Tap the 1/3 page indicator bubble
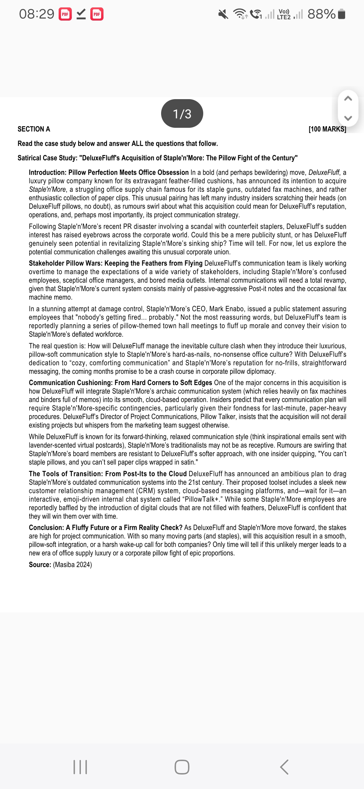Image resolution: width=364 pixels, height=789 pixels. coord(182,114)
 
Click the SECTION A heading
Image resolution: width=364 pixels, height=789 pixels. coord(34,129)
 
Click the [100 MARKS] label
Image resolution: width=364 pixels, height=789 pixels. coord(327,129)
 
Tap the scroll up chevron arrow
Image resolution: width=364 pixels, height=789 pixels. coord(348,99)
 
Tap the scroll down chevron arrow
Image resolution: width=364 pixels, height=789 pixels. coord(348,118)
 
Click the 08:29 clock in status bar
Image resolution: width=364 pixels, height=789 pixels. coord(36,14)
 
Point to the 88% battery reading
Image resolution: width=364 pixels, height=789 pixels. coord(321,14)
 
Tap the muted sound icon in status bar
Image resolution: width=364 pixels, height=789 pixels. coord(223,14)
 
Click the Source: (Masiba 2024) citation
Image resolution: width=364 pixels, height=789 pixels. coord(60,565)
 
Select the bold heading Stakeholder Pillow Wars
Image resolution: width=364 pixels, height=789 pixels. coord(64,263)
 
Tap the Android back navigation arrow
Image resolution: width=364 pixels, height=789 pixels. coord(284,767)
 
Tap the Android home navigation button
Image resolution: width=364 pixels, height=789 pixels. coord(182,767)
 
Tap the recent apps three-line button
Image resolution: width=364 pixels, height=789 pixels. coord(80,767)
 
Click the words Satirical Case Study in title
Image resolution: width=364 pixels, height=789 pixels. coord(47,158)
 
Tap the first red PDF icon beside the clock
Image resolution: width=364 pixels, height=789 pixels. coord(65,14)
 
